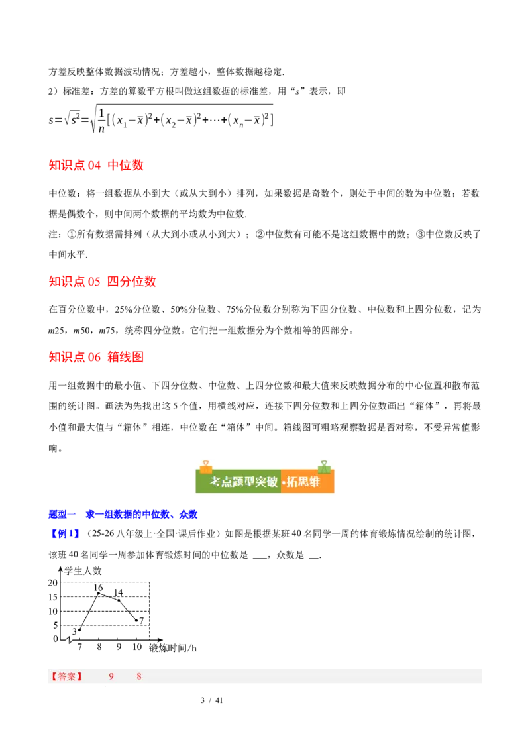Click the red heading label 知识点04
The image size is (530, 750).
(74, 165)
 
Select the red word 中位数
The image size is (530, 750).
(126, 165)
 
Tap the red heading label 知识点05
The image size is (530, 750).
(74, 282)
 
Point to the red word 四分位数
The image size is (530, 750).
(132, 282)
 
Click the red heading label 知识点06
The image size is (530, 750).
(74, 357)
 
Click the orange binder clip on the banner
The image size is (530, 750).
(206, 466)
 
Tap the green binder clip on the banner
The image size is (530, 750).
(323, 466)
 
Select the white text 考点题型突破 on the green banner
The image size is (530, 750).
(243, 482)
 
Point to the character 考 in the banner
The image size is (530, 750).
(215, 482)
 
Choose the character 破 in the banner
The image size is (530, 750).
(272, 482)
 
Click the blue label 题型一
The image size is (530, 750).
(63, 513)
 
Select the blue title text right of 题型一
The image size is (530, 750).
(142, 513)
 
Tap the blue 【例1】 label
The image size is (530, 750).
(64, 533)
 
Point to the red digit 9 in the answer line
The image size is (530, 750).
(111, 676)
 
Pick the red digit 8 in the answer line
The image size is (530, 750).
(139, 676)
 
